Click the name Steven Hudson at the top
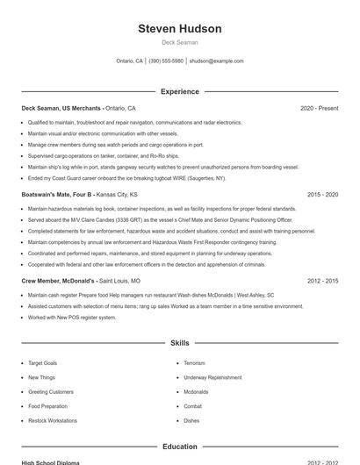coord(180,29)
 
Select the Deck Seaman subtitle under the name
coord(180,42)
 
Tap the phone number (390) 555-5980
coord(166,61)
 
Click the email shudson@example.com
coord(216,61)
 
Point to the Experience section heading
coord(180,91)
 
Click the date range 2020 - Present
coord(319,108)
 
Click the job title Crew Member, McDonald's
coord(59,280)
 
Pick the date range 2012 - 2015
coord(322,280)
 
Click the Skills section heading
coord(180,343)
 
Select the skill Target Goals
coord(42,362)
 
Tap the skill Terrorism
coord(194,362)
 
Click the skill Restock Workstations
coord(53,420)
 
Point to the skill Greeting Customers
coord(51,391)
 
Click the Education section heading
coord(180,447)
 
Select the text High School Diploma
coord(50,461)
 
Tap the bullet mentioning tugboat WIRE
coord(126,178)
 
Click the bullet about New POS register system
coord(72,317)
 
